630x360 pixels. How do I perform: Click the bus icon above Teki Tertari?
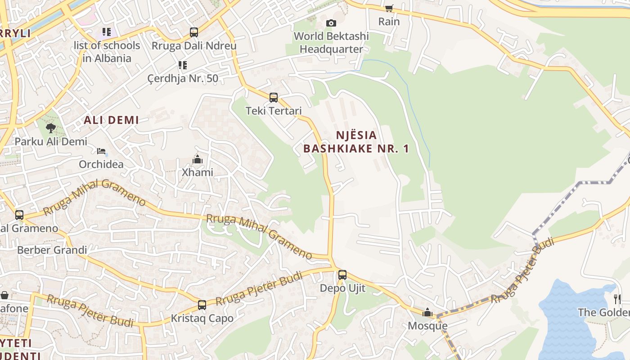[273, 97]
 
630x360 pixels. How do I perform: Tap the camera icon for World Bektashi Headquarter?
[331, 23]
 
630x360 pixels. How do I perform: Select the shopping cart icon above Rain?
[389, 8]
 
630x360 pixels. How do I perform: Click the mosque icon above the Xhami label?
[197, 159]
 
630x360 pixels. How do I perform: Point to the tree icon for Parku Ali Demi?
[51, 128]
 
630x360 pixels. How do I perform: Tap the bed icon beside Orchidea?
[101, 151]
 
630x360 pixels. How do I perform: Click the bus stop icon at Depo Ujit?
[342, 274]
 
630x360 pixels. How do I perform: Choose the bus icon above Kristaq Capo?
[202, 305]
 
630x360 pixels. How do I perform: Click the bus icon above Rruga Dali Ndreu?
[194, 32]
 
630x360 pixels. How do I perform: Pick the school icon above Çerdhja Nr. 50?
[183, 65]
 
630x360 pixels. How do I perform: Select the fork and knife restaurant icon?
[617, 299]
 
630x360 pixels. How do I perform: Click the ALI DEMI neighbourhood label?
[111, 120]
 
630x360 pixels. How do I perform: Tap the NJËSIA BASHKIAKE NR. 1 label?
[356, 142]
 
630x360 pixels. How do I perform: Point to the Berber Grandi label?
[52, 250]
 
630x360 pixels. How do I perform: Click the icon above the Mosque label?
[427, 312]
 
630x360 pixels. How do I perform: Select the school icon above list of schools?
[107, 32]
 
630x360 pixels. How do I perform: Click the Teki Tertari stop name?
[274, 111]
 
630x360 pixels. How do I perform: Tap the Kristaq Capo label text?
[202, 319]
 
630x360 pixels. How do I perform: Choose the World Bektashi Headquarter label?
[331, 43]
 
